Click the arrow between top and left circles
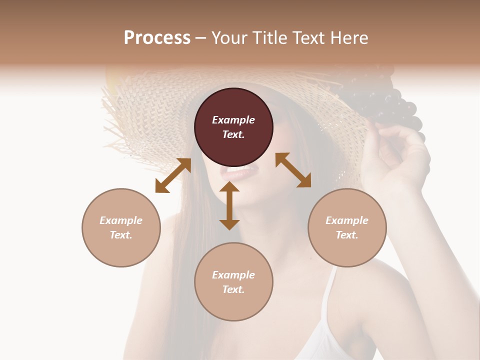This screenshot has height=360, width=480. click(173, 175)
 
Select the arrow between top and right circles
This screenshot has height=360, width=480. click(293, 170)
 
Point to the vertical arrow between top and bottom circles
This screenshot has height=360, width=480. click(229, 205)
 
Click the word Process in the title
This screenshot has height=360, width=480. click(157, 37)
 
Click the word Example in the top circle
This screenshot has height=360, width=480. click(233, 120)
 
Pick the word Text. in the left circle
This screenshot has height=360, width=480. click(121, 235)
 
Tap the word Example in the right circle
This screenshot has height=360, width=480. click(347, 220)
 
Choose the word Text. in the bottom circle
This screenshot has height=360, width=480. click(233, 289)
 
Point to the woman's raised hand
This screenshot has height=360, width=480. click(400, 150)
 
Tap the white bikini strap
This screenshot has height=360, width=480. click(328, 300)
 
